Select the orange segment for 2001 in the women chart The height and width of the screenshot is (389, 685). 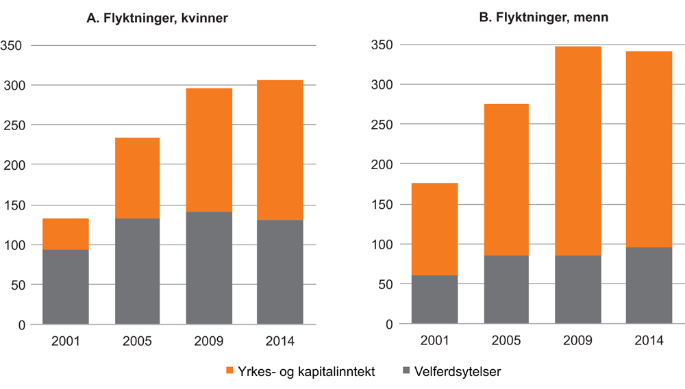pos(66,234)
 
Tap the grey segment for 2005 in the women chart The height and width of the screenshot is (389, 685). pos(137,271)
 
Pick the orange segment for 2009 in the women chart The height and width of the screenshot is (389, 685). pos(209,150)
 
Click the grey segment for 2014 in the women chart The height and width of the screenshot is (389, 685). pos(280,272)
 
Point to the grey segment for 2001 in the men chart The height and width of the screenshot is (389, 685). pos(434,299)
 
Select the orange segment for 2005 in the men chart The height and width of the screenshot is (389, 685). pos(506,179)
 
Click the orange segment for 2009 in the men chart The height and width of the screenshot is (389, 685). pos(578,151)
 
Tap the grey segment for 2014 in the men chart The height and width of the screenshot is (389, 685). pos(649,286)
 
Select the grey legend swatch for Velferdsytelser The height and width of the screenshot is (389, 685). pos(406,371)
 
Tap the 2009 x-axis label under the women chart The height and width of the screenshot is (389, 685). pos(209,340)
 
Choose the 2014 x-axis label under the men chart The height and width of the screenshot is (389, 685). pos(649,340)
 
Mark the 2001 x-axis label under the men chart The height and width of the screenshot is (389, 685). pos(435,340)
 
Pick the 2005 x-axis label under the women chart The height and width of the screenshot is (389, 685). pos(137,340)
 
